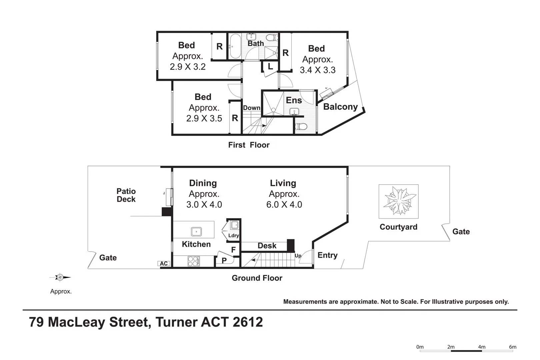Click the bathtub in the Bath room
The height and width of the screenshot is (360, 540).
(x=235, y=46)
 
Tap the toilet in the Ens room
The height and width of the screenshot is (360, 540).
(x=301, y=126)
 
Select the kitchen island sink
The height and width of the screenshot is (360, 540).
(x=196, y=232)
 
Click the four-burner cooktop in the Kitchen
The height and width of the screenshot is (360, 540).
(x=194, y=261)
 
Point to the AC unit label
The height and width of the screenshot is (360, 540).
(x=164, y=264)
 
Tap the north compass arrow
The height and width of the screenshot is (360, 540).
(x=60, y=278)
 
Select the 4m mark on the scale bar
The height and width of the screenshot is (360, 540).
(x=482, y=347)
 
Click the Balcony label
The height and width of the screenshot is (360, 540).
(x=340, y=107)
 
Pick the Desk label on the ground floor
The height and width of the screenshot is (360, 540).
(x=267, y=246)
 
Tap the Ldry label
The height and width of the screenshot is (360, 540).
(x=234, y=236)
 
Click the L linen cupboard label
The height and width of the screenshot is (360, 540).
(x=270, y=66)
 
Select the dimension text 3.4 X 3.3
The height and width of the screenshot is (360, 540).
(x=317, y=70)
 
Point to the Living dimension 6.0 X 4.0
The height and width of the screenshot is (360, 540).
(x=284, y=204)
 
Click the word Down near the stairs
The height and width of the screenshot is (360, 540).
(x=252, y=108)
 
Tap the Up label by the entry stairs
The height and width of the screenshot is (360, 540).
(x=298, y=256)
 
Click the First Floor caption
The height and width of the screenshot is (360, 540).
(x=249, y=145)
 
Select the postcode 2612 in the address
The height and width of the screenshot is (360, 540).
(x=248, y=322)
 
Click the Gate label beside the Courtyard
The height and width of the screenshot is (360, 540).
(x=461, y=231)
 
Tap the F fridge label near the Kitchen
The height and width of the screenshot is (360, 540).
(x=233, y=250)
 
